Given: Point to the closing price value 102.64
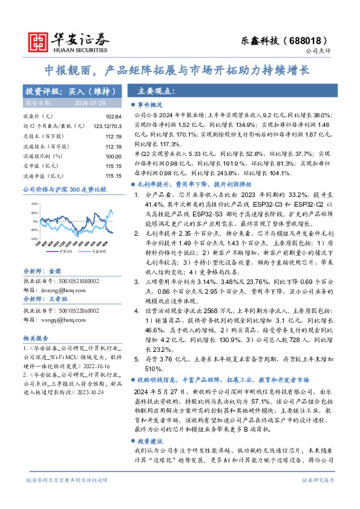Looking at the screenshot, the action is (x=105, y=115).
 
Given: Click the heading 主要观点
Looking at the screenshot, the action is (x=157, y=91).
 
